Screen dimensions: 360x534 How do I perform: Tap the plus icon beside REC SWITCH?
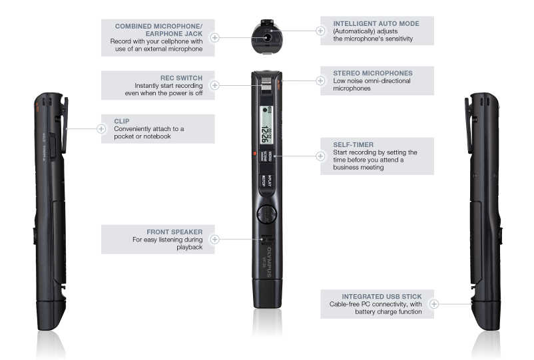click(215, 85)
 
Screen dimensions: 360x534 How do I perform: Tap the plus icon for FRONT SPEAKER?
click(215, 239)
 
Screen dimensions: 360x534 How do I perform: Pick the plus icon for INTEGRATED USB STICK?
click(434, 303)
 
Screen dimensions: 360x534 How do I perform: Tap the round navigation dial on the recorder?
click(266, 214)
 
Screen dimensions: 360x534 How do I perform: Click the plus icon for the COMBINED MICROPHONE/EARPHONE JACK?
click(215, 38)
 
